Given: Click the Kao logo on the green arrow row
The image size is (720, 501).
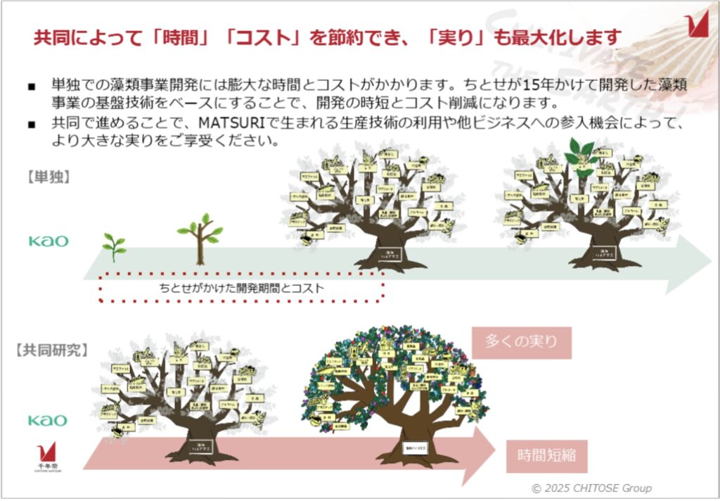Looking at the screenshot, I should pos(49,241).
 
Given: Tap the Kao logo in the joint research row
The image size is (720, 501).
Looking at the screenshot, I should pos(48,420).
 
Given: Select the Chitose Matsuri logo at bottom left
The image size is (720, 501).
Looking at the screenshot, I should pos(48,457).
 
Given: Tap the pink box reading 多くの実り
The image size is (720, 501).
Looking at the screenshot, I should pos(521,343).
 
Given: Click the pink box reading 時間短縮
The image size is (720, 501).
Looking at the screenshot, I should pos(546,455).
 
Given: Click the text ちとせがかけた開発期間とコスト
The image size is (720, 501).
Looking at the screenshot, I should pos(241,288).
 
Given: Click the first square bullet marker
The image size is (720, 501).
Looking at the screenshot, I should pos(32,87).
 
